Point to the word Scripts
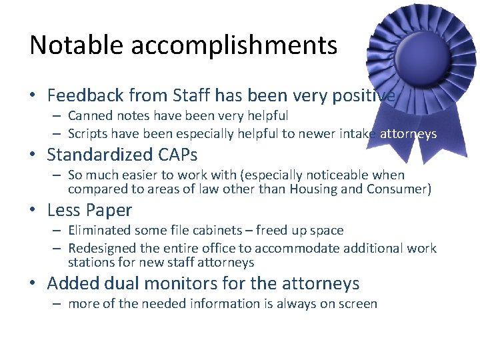coord(89,134)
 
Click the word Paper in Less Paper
coord(109,211)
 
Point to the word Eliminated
coord(100,231)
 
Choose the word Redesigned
coord(104,249)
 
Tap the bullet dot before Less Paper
coord(34,211)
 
